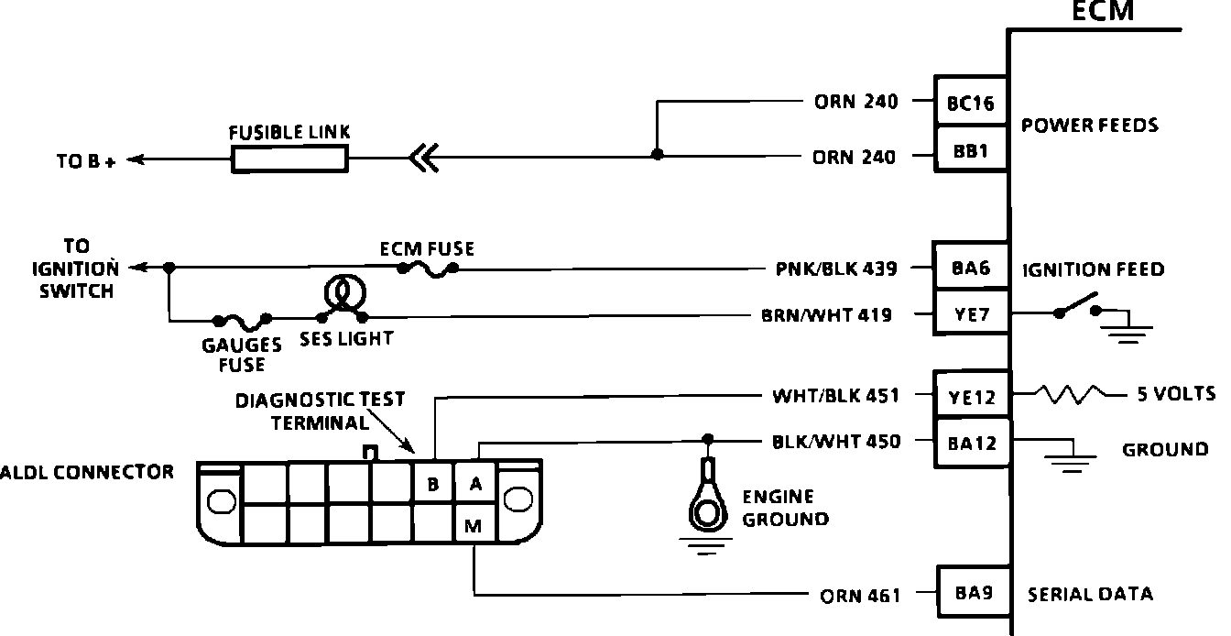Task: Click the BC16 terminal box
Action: [x=971, y=102]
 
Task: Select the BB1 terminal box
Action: [x=971, y=149]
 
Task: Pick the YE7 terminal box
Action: [x=971, y=313]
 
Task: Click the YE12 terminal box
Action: [x=972, y=395]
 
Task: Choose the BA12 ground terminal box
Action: [x=972, y=443]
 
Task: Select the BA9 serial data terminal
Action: [x=974, y=592]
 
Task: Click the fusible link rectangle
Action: [x=289, y=159]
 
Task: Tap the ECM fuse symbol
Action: [x=428, y=269]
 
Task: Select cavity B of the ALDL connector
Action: [x=433, y=483]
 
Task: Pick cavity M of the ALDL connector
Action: [x=474, y=524]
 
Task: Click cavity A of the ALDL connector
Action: [x=475, y=483]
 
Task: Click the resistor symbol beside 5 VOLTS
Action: [x=1069, y=394]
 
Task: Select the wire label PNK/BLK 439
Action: [x=836, y=269]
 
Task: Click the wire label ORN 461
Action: [x=860, y=596]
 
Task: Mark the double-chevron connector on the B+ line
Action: [x=424, y=158]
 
